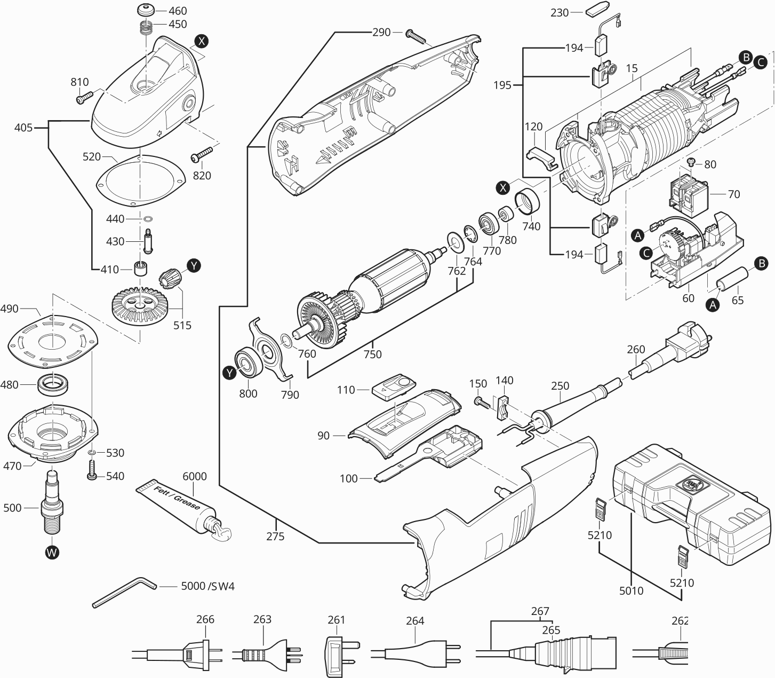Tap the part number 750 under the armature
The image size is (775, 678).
tap(373, 354)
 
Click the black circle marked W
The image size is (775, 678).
tap(51, 553)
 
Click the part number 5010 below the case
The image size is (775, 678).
tap(631, 590)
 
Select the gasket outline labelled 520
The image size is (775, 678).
tap(141, 182)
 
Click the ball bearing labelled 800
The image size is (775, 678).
tap(248, 364)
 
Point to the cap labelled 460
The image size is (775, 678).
tap(146, 11)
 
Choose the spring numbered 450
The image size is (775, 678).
tap(146, 27)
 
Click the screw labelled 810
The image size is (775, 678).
tap(84, 98)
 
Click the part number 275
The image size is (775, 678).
tap(276, 537)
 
